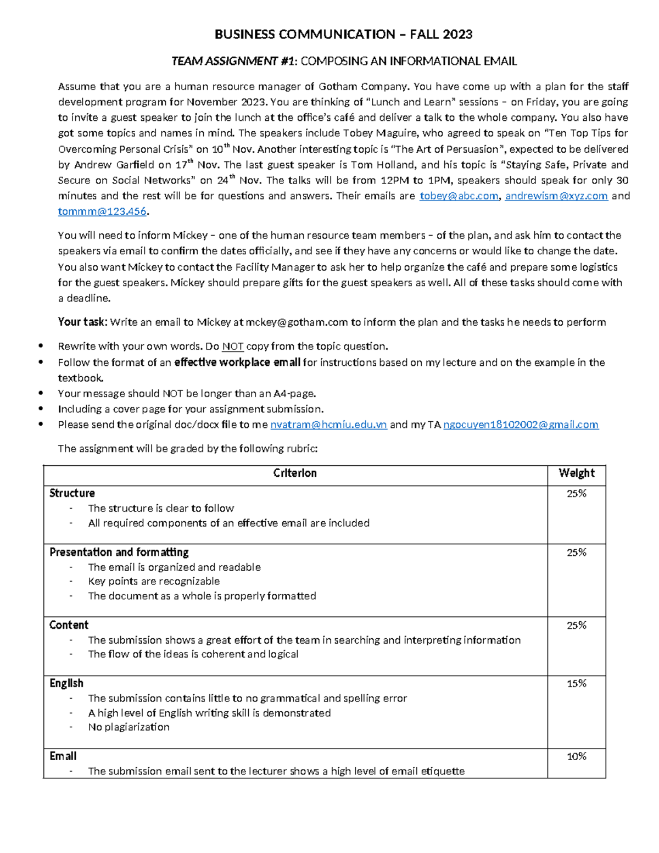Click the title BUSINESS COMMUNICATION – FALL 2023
coord(343,35)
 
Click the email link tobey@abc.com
coord(459,196)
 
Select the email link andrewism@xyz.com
coord(556,196)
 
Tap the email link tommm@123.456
coord(102,211)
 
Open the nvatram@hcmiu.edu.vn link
coord(328,425)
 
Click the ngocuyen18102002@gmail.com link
coord(521,425)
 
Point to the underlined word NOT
coord(233,347)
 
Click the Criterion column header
coord(295,473)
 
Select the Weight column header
coord(576,473)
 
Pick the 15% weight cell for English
coord(576,684)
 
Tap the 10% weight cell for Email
coord(576,757)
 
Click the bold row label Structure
coord(72,493)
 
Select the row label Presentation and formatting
coord(119,552)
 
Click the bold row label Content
coord(69,625)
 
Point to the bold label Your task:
coord(83,322)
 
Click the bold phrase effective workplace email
coord(237,363)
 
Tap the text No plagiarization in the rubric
coord(129,727)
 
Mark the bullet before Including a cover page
coord(41,409)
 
